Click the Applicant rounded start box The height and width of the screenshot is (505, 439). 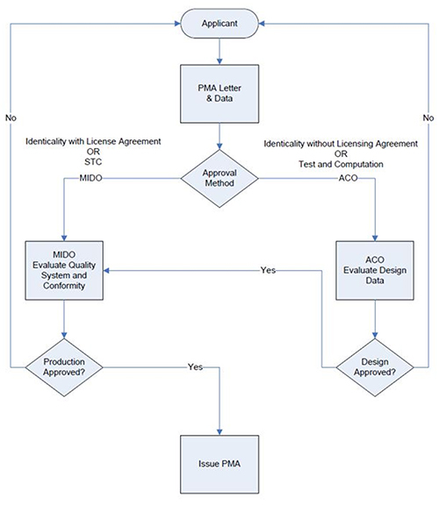219,24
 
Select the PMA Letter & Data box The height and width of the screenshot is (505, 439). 219,94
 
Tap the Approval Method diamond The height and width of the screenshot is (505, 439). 219,179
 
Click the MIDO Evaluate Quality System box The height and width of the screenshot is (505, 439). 64,271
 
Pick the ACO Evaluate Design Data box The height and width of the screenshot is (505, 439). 375,271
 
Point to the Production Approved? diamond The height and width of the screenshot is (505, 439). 64,367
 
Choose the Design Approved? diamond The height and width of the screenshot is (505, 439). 375,367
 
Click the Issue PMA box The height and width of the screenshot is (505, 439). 219,465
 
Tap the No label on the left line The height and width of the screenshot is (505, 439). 11,117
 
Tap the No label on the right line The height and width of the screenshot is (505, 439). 428,117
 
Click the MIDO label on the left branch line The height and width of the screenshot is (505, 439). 91,178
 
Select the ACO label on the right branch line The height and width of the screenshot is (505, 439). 348,178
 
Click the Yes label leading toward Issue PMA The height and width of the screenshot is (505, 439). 196,366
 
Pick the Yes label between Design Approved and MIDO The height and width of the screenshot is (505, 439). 268,270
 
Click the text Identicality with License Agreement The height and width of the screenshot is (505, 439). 93,141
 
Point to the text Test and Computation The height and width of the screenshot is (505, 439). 341,164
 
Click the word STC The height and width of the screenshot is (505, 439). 93,161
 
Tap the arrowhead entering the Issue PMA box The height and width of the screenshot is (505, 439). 219,432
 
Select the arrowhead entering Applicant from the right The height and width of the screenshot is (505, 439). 262,24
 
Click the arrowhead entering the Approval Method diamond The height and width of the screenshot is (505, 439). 219,146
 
